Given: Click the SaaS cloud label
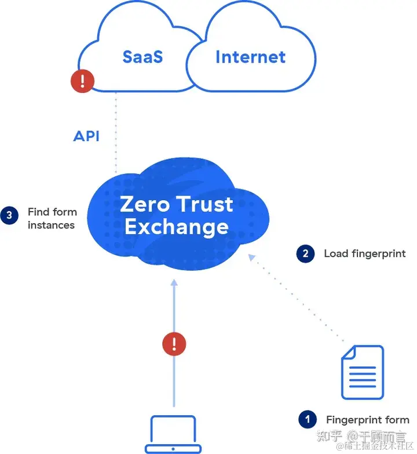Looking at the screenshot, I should pos(142,57).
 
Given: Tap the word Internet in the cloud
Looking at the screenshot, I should pos(250,57).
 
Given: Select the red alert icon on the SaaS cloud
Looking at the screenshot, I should pos(83,81).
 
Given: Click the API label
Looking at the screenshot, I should pos(86,136).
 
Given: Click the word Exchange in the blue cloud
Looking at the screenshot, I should pos(176,227).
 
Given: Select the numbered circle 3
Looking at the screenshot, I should pos(9,215).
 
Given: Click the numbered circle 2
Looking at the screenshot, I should pos(305,253).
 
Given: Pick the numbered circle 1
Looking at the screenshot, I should pos(307,419).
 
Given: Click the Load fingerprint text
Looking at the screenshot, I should pos(364,253).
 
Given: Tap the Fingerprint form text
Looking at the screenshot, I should pos(367,420).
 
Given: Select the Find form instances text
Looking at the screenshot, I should pos(52,219).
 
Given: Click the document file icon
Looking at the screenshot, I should pos(362,372).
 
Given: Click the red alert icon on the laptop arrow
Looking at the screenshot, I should pos(174,344).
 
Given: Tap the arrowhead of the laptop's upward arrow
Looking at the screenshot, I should pos(174,283).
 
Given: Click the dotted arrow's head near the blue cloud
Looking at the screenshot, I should pos(251,257).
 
